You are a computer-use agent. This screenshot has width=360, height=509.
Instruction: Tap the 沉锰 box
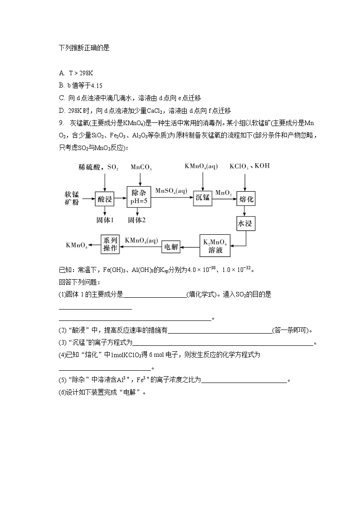click(202, 197)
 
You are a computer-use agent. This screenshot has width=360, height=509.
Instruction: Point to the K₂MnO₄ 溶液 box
click(215, 245)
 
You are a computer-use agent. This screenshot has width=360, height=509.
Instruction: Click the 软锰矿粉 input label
click(72, 198)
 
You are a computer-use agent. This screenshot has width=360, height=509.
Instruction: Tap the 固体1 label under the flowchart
click(105, 220)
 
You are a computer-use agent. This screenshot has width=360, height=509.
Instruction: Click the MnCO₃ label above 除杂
click(141, 167)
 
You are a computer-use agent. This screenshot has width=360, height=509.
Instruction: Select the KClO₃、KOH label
click(249, 166)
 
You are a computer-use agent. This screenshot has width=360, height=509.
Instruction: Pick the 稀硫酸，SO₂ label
click(98, 167)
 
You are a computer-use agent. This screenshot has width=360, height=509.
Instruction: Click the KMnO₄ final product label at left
click(77, 245)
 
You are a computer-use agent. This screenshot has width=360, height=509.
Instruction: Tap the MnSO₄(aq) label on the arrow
click(171, 191)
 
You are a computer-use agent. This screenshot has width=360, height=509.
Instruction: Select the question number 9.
click(61, 123)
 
